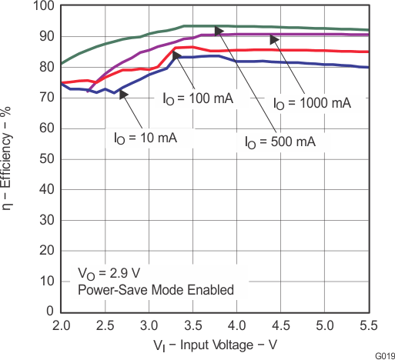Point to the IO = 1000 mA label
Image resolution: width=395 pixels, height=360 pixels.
(x=313, y=102)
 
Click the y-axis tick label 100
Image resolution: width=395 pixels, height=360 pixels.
(x=42, y=6)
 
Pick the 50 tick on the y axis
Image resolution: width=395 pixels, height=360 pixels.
(x=45, y=159)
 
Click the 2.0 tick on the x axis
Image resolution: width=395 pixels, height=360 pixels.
(x=62, y=324)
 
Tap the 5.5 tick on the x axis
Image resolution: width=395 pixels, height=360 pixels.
(x=369, y=324)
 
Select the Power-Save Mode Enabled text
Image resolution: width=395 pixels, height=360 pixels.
(x=154, y=289)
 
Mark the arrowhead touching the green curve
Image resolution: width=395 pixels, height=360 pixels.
(x=219, y=30)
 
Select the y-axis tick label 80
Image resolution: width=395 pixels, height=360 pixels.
(x=45, y=67)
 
